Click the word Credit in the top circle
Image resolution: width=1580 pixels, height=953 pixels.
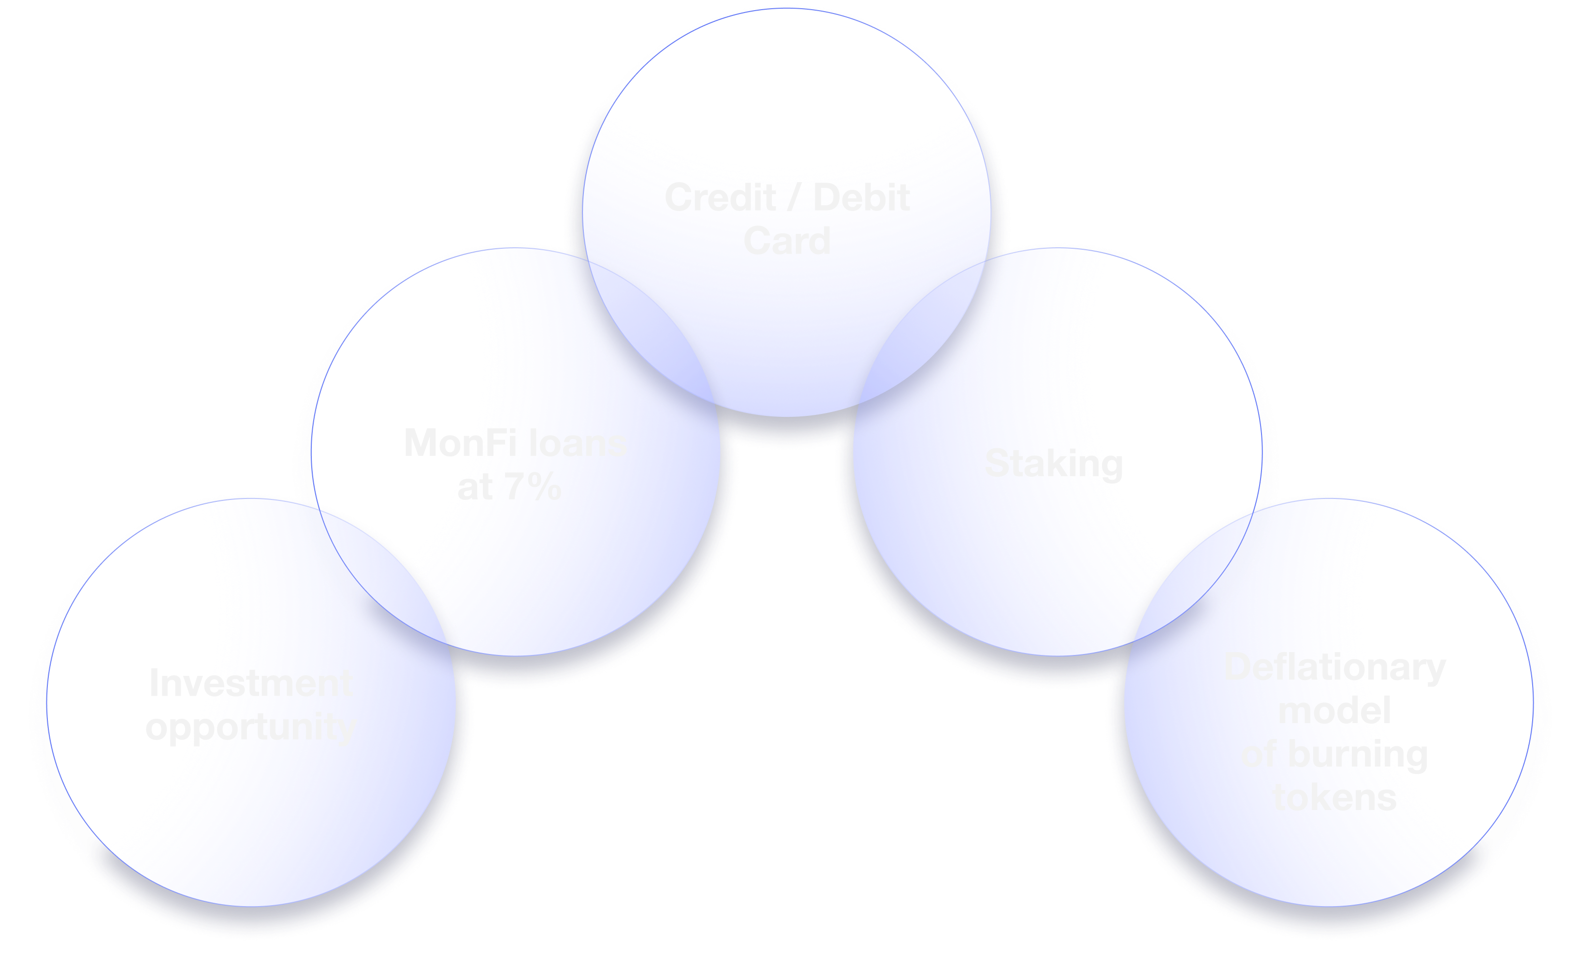(720, 198)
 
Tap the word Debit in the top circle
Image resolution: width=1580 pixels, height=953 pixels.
(862, 198)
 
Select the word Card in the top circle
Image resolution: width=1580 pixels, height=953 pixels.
(787, 241)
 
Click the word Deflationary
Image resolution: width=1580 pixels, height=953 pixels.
(1334, 667)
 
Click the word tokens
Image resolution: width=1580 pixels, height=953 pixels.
(1334, 798)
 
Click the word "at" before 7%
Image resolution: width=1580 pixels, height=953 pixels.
(476, 487)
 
